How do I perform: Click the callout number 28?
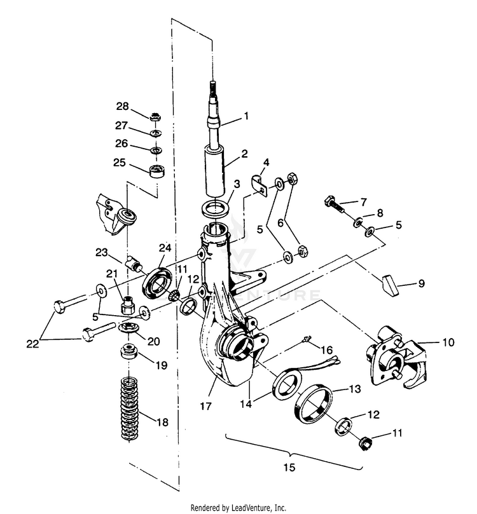click(122, 105)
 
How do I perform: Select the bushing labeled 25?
click(156, 170)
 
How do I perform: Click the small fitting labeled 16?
click(307, 341)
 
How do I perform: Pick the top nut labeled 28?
click(154, 117)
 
